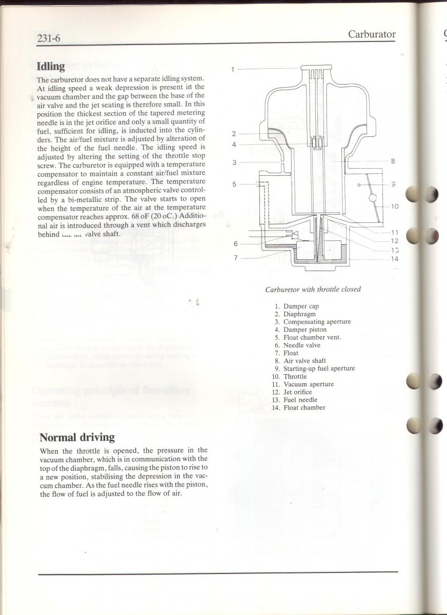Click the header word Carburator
372,34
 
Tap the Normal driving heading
77,437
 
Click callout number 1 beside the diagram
232,70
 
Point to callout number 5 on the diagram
234,184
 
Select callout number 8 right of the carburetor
393,161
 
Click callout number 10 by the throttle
394,207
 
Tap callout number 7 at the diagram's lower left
236,258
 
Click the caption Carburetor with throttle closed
313,290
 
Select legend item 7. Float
287,353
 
